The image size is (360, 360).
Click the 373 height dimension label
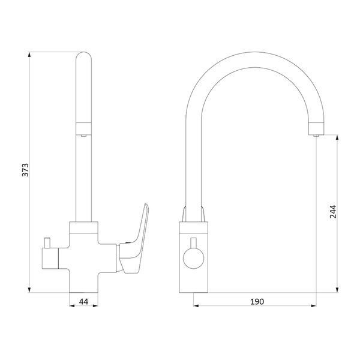25,170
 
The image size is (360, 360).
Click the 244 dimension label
333,211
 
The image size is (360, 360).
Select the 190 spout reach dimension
257,301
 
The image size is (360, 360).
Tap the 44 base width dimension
83,301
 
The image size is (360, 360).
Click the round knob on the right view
194,259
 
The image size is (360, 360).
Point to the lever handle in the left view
134,241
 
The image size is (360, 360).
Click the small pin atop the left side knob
47,243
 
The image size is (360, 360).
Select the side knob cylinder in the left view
50,259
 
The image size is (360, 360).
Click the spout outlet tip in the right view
316,136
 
